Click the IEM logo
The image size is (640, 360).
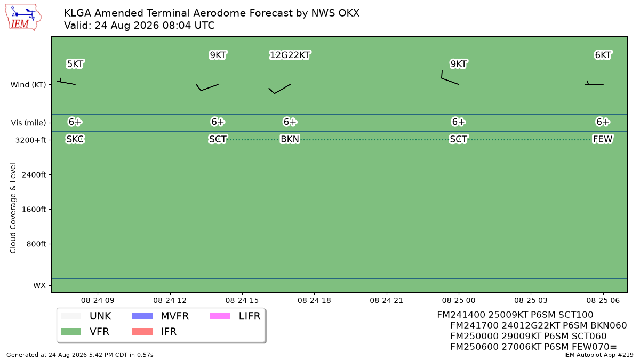(x=23, y=18)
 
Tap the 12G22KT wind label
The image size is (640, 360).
(x=290, y=55)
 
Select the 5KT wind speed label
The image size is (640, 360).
(x=75, y=64)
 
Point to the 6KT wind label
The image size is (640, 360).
(x=603, y=55)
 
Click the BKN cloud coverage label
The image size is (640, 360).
(x=290, y=139)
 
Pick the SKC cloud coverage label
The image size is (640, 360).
(x=75, y=139)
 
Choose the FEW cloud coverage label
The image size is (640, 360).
(x=603, y=139)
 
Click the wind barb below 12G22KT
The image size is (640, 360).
(x=279, y=89)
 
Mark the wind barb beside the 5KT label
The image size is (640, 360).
(x=66, y=82)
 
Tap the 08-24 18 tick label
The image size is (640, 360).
(x=314, y=301)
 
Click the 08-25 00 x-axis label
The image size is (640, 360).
(x=459, y=301)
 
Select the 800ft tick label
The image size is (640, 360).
(x=36, y=244)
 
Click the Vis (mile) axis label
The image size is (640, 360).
(x=28, y=123)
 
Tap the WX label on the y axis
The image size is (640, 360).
(x=39, y=285)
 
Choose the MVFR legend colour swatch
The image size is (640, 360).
(x=142, y=316)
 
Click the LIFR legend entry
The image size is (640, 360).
(x=235, y=316)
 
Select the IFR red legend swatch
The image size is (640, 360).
(x=142, y=331)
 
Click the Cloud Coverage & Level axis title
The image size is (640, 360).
(x=13, y=209)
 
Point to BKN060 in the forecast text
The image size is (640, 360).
(x=609, y=325)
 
